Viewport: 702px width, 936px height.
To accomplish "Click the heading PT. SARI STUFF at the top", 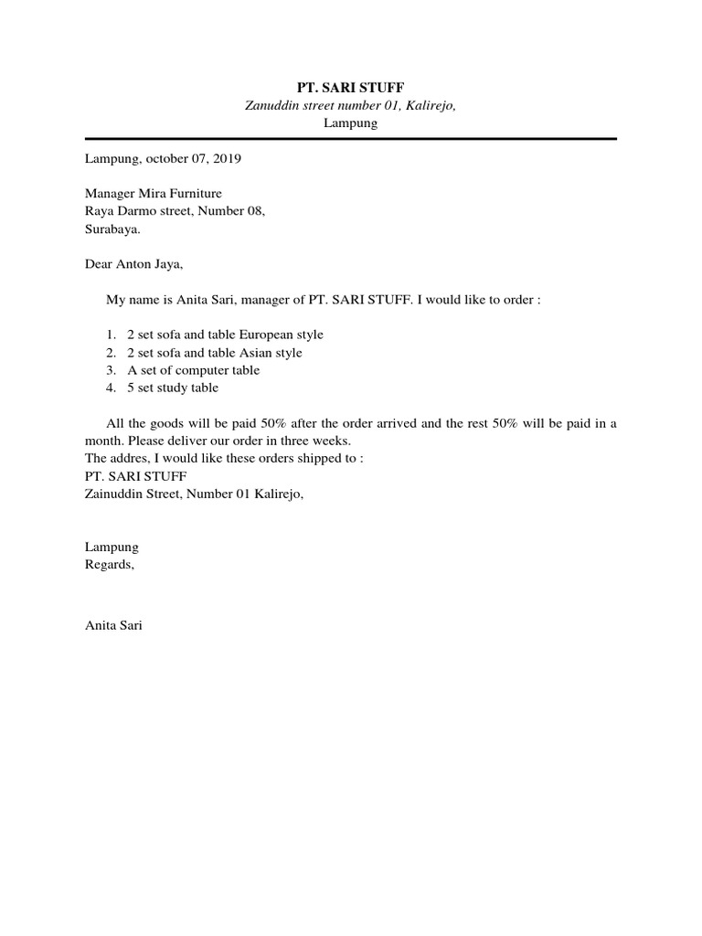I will [x=351, y=87].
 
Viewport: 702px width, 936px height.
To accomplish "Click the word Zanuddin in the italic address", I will [x=271, y=105].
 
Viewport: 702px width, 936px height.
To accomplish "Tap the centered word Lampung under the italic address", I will [x=351, y=122].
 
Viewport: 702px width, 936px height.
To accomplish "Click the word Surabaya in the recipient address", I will [x=112, y=229].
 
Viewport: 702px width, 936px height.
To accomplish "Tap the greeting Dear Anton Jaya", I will [x=134, y=265].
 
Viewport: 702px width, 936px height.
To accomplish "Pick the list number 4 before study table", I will [x=109, y=388].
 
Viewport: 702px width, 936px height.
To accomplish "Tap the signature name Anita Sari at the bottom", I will [x=113, y=627].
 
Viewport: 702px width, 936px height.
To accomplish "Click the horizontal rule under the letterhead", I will [x=351, y=138].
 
